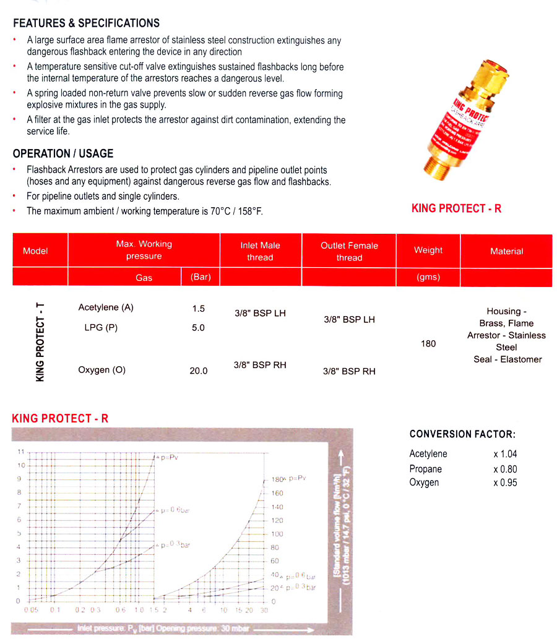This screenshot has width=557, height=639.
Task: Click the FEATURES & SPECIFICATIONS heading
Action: (x=86, y=24)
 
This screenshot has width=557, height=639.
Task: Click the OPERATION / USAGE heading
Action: (x=63, y=153)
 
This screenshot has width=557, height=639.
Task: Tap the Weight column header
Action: (x=428, y=251)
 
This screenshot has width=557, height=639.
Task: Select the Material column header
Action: (x=506, y=251)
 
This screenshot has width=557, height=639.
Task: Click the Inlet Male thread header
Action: (x=260, y=251)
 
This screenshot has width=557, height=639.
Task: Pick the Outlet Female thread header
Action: (x=349, y=251)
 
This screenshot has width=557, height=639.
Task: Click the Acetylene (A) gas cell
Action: (x=106, y=307)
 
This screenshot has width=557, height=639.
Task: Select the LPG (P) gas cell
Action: (x=101, y=328)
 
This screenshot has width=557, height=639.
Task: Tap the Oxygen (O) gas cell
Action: (x=101, y=370)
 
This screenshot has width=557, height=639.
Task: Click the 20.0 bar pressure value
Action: (x=198, y=371)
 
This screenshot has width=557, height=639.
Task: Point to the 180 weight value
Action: (x=428, y=343)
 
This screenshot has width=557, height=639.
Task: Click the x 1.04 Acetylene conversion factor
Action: (x=504, y=454)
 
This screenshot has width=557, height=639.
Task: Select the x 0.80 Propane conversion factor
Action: (x=504, y=469)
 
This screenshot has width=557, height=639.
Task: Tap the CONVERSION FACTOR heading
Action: (x=462, y=434)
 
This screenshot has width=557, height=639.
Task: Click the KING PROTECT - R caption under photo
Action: (x=457, y=208)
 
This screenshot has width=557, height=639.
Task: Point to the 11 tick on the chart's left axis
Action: (x=20, y=452)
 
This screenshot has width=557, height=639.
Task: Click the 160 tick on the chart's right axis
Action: (x=277, y=493)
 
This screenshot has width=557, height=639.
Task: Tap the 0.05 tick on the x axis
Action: (x=31, y=609)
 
